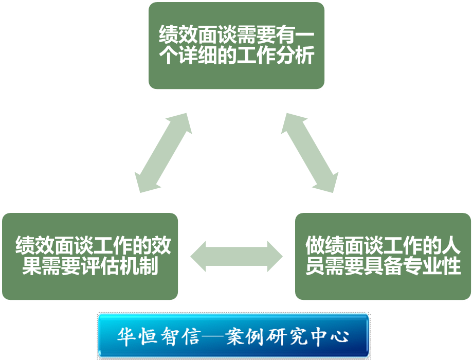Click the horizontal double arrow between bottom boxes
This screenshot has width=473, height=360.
click(x=236, y=256)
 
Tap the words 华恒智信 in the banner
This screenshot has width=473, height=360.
click(x=154, y=336)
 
